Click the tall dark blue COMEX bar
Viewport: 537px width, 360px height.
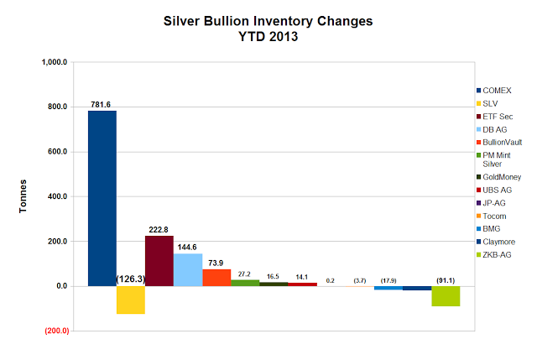click(x=102, y=198)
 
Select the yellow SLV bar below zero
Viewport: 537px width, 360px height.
click(x=131, y=300)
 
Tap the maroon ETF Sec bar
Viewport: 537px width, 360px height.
click(x=159, y=261)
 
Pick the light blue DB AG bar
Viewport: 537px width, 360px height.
click(x=188, y=269)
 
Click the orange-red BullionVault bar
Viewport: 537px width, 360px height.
click(x=216, y=278)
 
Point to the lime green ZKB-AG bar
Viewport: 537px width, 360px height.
click(x=446, y=296)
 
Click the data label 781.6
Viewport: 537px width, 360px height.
click(x=102, y=104)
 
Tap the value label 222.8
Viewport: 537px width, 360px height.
click(x=159, y=229)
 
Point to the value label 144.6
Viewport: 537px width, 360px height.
click(x=188, y=247)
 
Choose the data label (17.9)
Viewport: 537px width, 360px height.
click(x=388, y=279)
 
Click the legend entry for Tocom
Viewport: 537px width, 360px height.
click(x=495, y=214)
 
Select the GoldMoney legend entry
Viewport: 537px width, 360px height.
click(x=501, y=177)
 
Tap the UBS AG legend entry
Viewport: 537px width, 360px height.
click(x=497, y=190)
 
